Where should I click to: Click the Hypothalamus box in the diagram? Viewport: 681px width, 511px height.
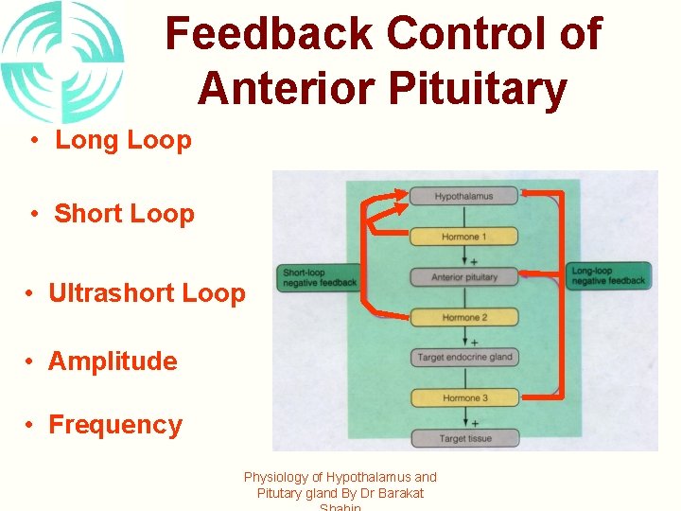coord(463,196)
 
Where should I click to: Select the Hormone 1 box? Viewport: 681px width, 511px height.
coord(463,237)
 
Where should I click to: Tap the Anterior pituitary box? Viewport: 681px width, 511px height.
coord(463,277)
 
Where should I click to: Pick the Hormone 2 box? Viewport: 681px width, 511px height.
coord(463,318)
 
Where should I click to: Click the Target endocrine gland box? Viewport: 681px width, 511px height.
coord(463,358)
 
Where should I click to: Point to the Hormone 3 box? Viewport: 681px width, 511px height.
coord(463,398)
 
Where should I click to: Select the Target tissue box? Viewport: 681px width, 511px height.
coord(463,438)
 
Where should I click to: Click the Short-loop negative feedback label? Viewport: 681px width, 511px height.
coord(319,277)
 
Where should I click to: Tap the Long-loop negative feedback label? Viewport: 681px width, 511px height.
coord(608,276)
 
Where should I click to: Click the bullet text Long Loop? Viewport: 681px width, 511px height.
coord(123,140)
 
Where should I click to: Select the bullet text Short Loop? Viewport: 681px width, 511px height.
coord(124,214)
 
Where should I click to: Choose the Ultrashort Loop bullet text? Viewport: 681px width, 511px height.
coord(147,293)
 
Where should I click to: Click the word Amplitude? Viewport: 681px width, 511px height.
coord(113,361)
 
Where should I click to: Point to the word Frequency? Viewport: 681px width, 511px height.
coord(114,425)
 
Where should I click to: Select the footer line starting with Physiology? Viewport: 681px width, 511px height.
coord(340,478)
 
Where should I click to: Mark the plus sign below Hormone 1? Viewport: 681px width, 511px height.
coord(473,261)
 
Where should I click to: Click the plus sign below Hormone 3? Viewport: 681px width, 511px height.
coord(473,423)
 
